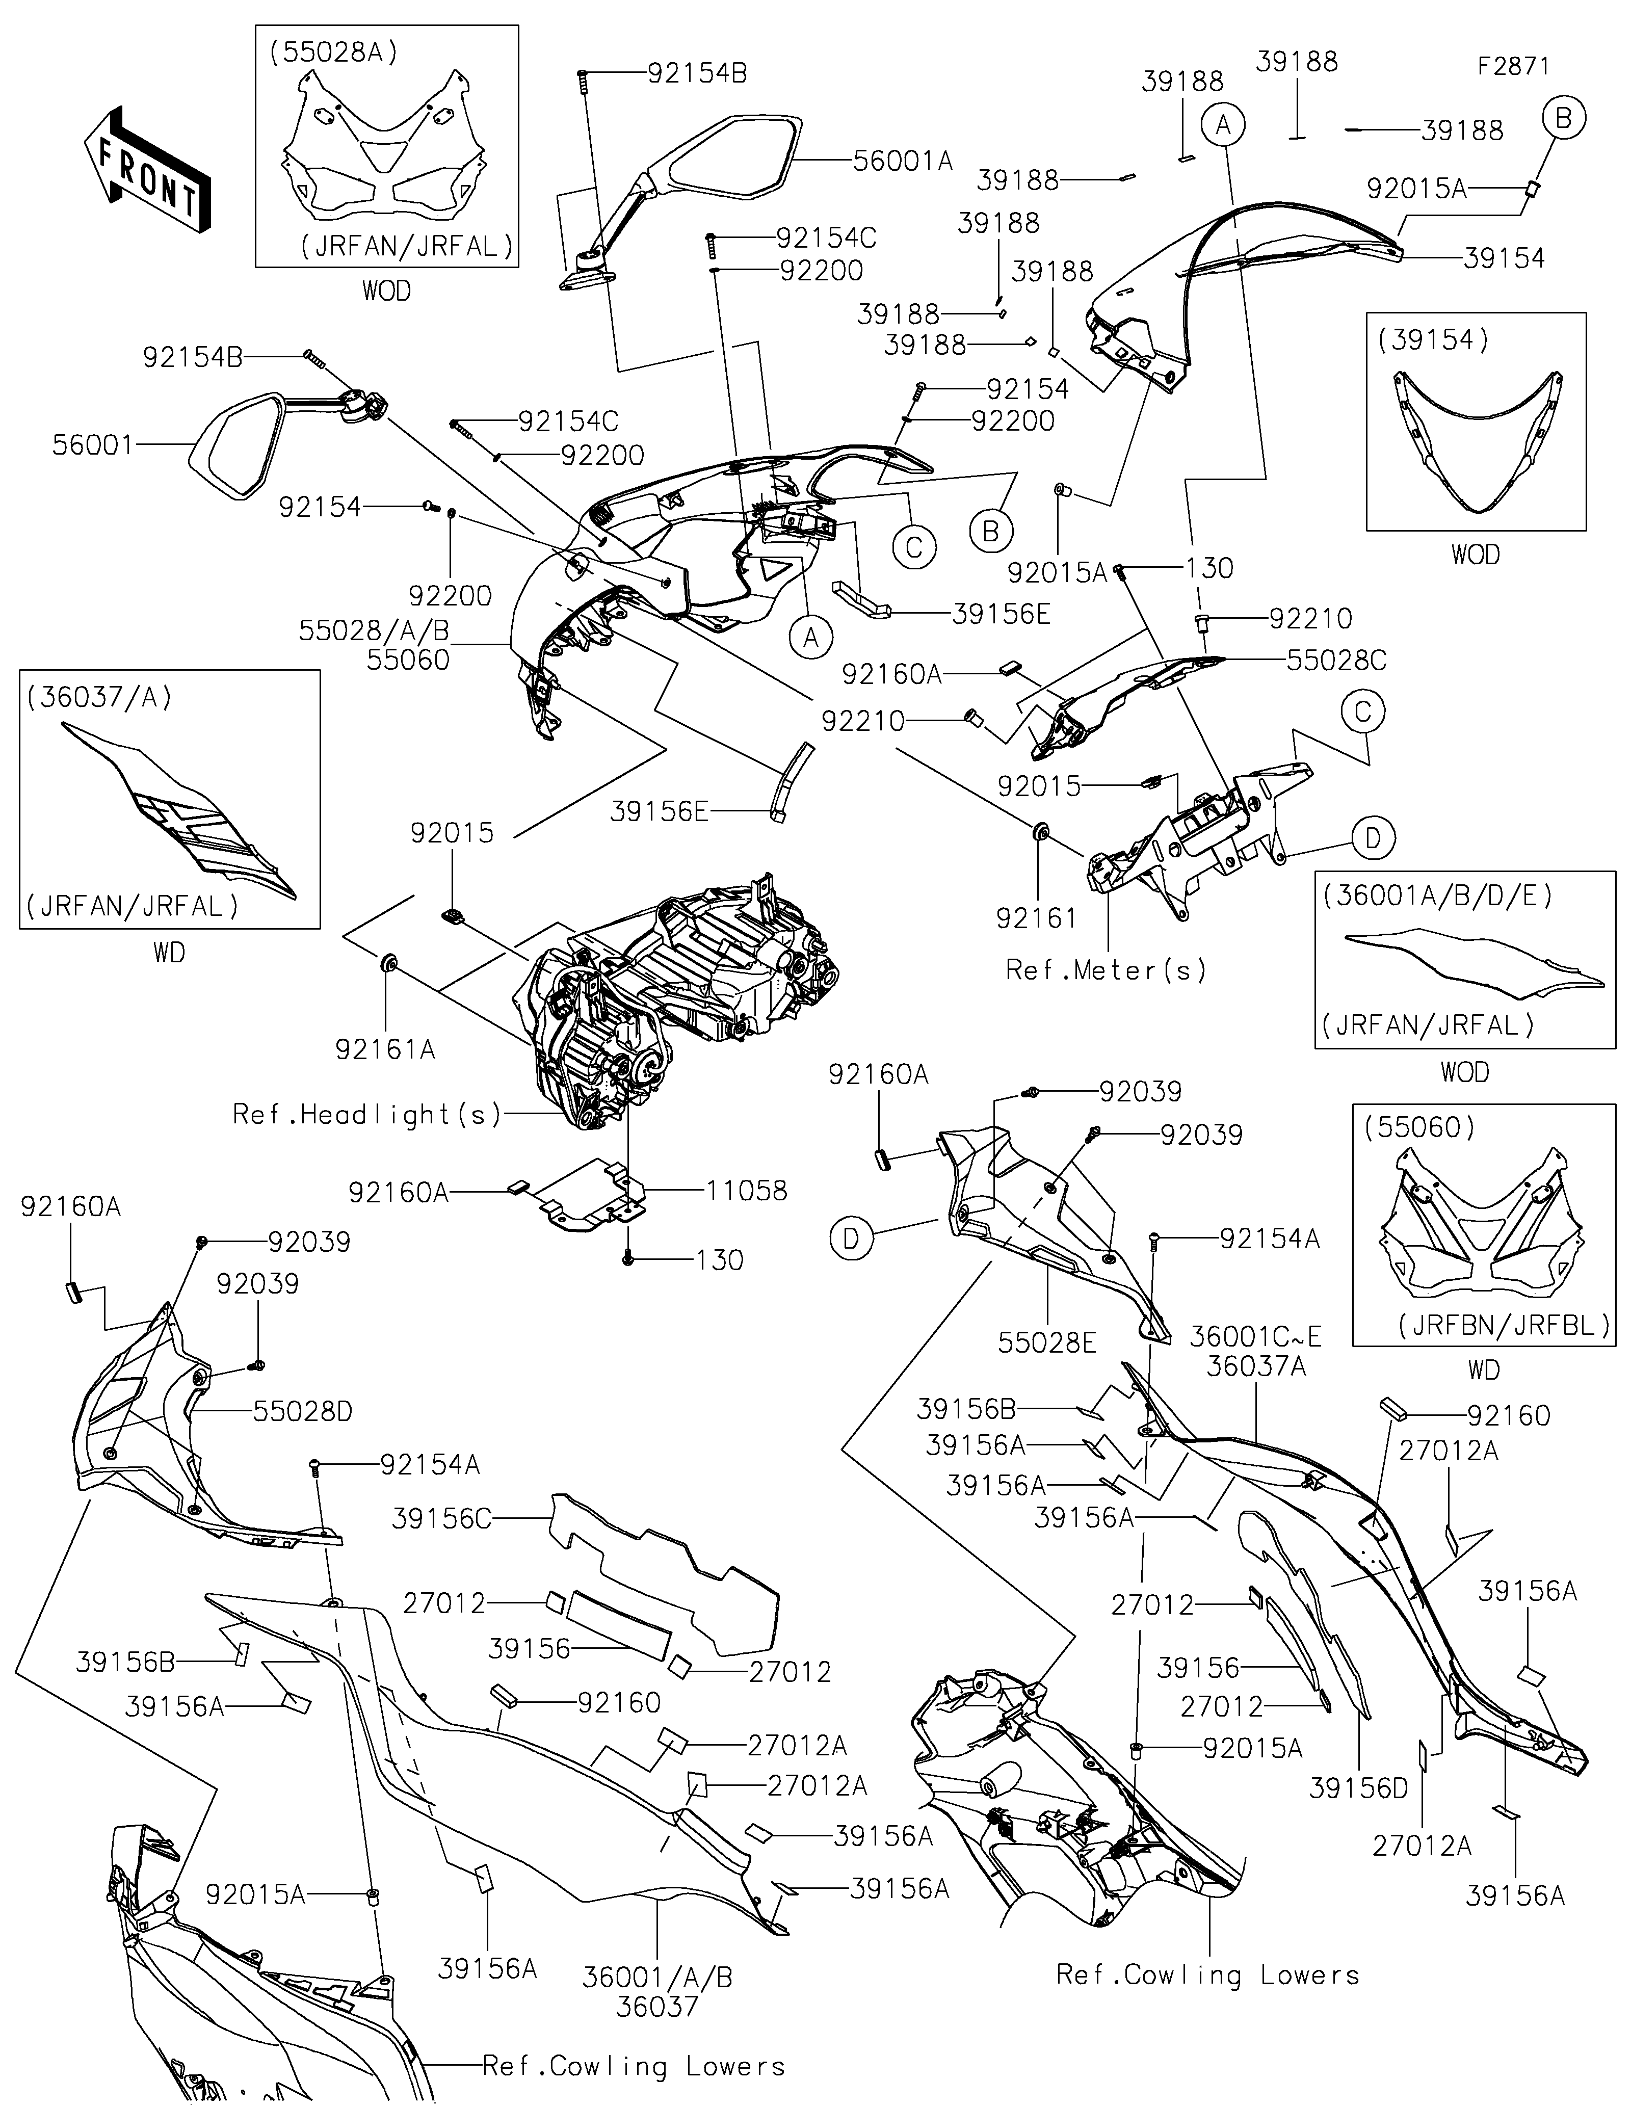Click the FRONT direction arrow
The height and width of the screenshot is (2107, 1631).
147,170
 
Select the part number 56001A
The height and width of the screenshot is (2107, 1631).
903,160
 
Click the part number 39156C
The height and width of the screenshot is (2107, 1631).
442,1518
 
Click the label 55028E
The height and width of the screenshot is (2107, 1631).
1047,1342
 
